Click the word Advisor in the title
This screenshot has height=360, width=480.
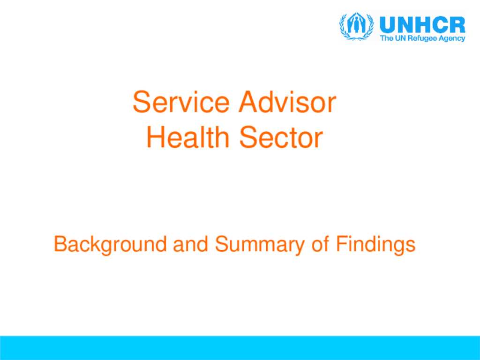tap(287, 103)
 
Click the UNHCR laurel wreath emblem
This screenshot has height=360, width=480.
tap(356, 27)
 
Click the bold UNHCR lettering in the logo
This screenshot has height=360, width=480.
tap(422, 24)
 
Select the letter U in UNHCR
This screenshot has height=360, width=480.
tap(387, 24)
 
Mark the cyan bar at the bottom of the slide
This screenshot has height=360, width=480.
tap(240, 348)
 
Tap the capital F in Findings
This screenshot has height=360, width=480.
tap(340, 244)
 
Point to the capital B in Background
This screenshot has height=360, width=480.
tap(60, 244)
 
